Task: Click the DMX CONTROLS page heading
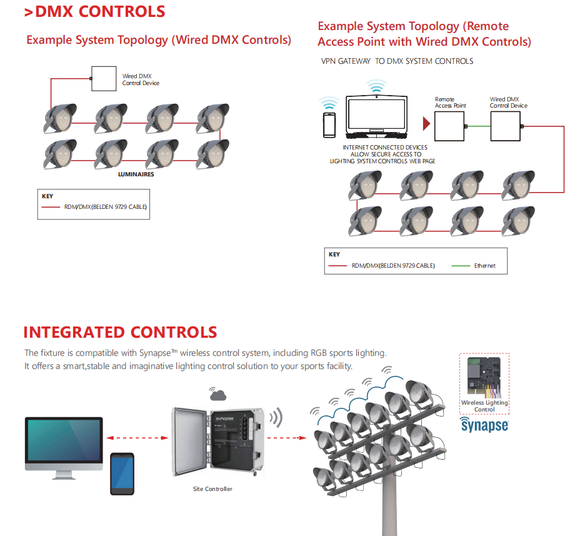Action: point(94,11)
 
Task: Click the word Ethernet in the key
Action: point(484,266)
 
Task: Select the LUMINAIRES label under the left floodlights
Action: point(136,174)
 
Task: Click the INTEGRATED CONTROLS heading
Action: point(120,332)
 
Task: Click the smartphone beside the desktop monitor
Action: point(122,473)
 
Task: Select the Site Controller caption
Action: point(212,488)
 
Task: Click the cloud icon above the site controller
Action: point(218,395)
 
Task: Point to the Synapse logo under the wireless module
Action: point(484,425)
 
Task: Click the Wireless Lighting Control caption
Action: point(484,406)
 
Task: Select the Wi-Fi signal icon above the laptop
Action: point(376,86)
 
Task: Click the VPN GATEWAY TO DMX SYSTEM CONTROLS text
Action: point(397,61)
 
